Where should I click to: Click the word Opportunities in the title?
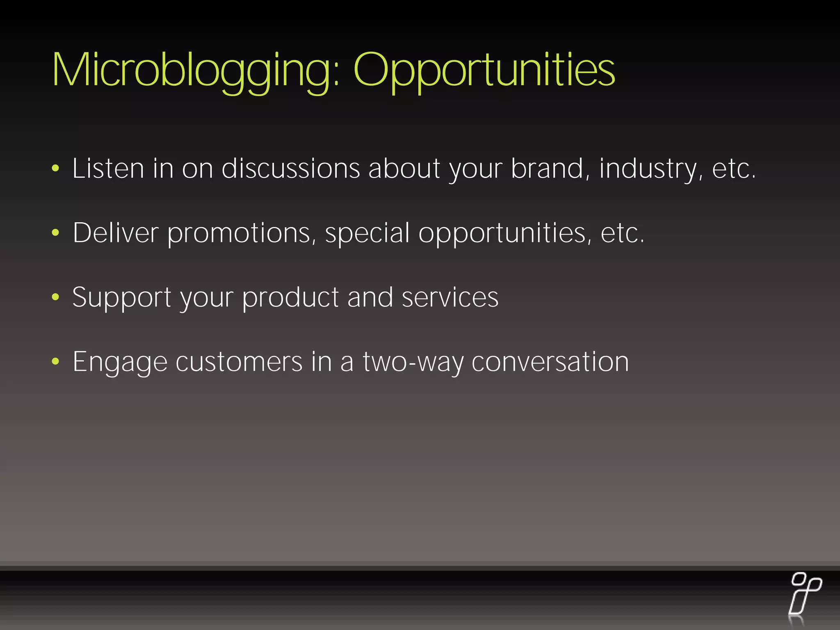[x=484, y=71]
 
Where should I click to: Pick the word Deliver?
[x=115, y=233]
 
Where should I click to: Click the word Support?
[x=122, y=297]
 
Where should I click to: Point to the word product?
[x=290, y=297]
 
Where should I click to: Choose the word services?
[x=450, y=297]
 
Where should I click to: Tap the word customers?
[x=239, y=362]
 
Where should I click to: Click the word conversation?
[x=550, y=362]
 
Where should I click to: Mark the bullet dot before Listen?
[x=56, y=168]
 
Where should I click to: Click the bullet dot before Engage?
[x=56, y=362]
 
